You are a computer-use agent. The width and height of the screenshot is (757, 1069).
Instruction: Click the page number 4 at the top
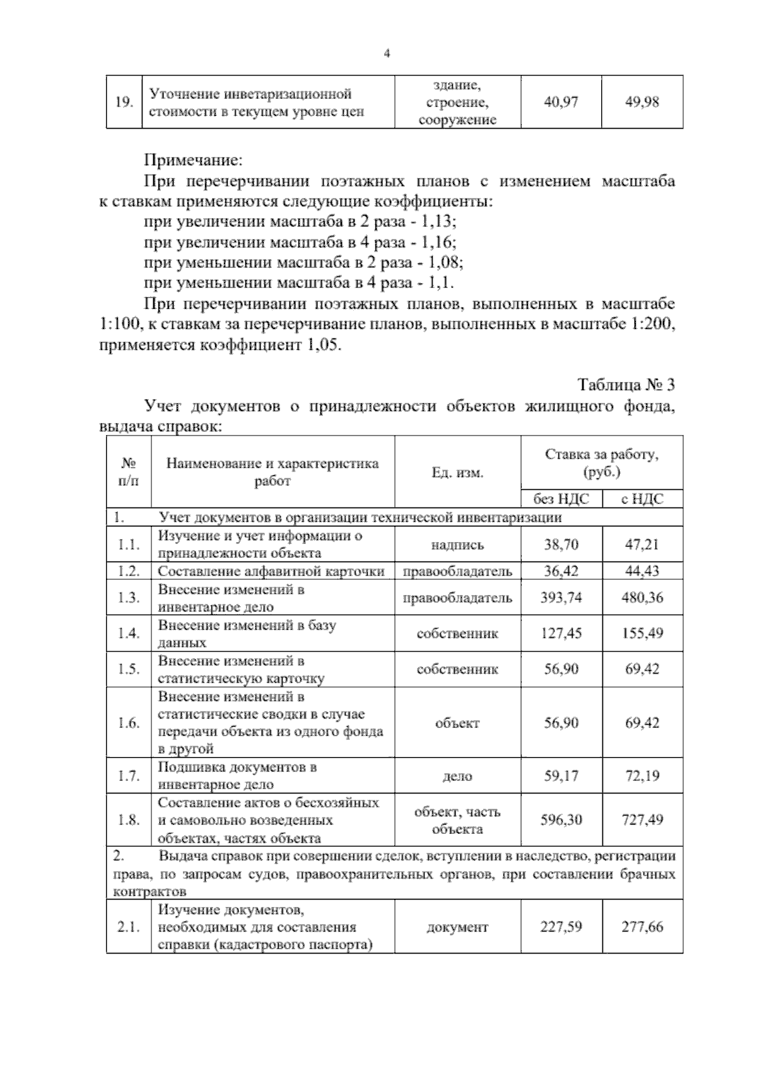coord(387,54)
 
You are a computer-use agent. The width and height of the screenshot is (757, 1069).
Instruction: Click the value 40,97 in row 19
coord(561,102)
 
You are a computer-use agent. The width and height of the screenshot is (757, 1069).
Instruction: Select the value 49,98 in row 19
coord(642,102)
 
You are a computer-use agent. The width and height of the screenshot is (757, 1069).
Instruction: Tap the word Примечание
coord(193,160)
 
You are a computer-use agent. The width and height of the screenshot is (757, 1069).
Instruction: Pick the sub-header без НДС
coord(561,499)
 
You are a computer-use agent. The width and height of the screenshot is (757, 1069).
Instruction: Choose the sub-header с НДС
coord(642,499)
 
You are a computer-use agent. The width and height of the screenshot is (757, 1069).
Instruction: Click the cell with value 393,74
coord(561,598)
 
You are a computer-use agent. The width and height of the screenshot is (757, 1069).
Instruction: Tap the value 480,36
coord(642,598)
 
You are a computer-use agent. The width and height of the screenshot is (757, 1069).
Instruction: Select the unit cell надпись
coord(457,545)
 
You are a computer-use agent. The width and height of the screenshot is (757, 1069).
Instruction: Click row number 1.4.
coord(129,633)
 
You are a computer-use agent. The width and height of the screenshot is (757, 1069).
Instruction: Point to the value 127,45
coord(561,633)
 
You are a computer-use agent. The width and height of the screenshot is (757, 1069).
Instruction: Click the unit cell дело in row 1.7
coord(457,776)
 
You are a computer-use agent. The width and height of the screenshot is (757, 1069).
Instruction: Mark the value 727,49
coord(642,820)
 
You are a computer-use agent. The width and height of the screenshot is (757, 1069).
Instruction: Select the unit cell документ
coord(457,927)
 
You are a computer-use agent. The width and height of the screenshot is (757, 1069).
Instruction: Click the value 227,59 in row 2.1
coord(561,927)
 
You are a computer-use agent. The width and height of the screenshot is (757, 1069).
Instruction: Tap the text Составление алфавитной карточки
coord(271,572)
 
